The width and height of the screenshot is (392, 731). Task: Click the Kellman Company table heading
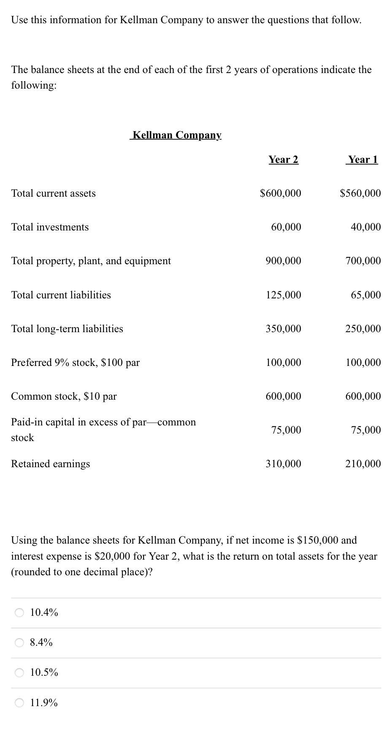coord(176,135)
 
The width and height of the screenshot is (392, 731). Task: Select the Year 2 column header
coord(283,160)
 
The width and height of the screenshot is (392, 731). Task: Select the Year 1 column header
coord(362,160)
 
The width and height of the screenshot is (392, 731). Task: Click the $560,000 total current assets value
coord(360,193)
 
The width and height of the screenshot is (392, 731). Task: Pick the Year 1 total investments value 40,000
coord(365,227)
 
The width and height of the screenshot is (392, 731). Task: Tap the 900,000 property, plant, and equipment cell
coord(283,261)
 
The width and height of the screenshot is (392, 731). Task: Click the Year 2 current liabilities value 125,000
coord(283,295)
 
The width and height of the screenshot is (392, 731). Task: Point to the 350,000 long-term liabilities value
coord(283,329)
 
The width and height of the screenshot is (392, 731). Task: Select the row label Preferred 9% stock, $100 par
coord(75,363)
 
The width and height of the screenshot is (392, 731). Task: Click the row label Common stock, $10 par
coord(64,396)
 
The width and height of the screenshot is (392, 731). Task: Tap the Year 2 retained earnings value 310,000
coord(283,464)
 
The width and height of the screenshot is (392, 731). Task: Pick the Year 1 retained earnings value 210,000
coord(363,464)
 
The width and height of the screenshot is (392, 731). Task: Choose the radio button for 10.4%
coord(19,612)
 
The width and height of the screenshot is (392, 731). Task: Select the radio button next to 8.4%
coord(19,643)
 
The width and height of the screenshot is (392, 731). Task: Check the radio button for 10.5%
coord(19,673)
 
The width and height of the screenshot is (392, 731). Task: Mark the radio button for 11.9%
coord(19,703)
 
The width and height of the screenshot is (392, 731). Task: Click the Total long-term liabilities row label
coord(67,329)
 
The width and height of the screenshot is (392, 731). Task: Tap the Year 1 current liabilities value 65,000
coord(365,295)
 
